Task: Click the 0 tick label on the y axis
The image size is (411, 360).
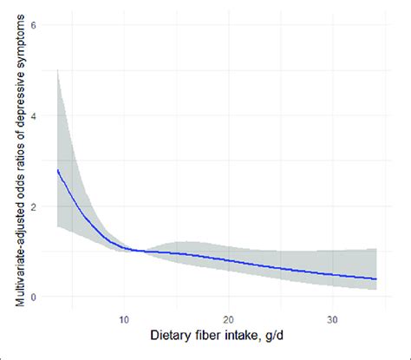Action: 33,298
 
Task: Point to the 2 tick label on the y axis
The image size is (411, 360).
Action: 33,206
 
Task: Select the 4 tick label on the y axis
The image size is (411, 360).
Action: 33,115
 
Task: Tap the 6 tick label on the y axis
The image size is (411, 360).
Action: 33,25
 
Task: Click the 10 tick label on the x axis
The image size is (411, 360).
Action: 125,318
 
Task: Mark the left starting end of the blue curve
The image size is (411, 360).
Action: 57,170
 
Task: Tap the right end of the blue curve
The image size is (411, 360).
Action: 376,279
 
